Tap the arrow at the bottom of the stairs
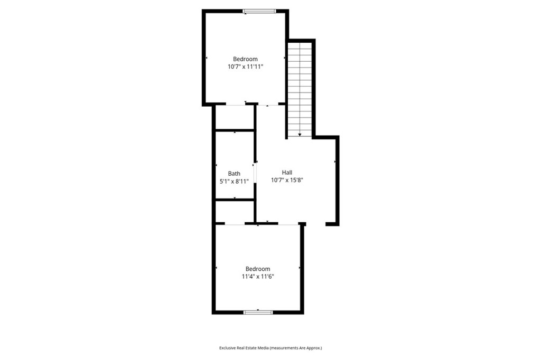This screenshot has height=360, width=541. tap(300, 135)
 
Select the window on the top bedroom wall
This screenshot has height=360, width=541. tap(259, 11)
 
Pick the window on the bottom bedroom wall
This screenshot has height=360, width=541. tap(258, 312)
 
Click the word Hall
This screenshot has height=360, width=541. tap(287, 173)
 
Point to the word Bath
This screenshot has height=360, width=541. tap(234, 174)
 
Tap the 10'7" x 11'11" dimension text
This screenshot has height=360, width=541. tap(246, 67)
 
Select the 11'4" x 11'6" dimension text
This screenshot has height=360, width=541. tap(258, 276)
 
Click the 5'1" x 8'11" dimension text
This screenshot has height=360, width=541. tap(234, 181)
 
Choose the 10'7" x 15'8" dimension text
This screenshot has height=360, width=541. tap(287, 180)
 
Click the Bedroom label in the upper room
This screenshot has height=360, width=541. tap(246, 59)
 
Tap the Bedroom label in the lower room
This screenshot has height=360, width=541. tap(258, 269)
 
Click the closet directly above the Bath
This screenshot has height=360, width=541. tap(235, 117)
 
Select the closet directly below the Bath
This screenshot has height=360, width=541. tap(235, 212)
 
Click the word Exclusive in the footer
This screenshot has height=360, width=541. tap(230, 348)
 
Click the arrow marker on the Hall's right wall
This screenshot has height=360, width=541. tap(335, 162)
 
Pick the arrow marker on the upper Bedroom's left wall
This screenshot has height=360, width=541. tap(207, 58)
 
